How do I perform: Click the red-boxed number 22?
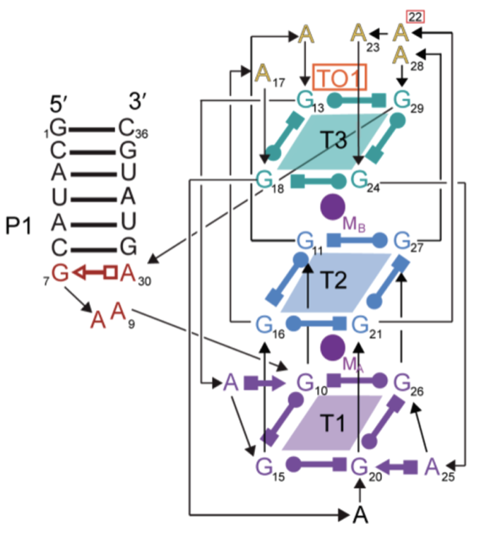click(x=415, y=16)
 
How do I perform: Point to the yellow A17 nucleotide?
click(x=263, y=72)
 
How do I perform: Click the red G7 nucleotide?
click(x=60, y=271)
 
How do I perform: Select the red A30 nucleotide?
click(x=128, y=271)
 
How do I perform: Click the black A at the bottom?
click(x=362, y=515)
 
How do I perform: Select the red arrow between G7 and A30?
click(x=94, y=271)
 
